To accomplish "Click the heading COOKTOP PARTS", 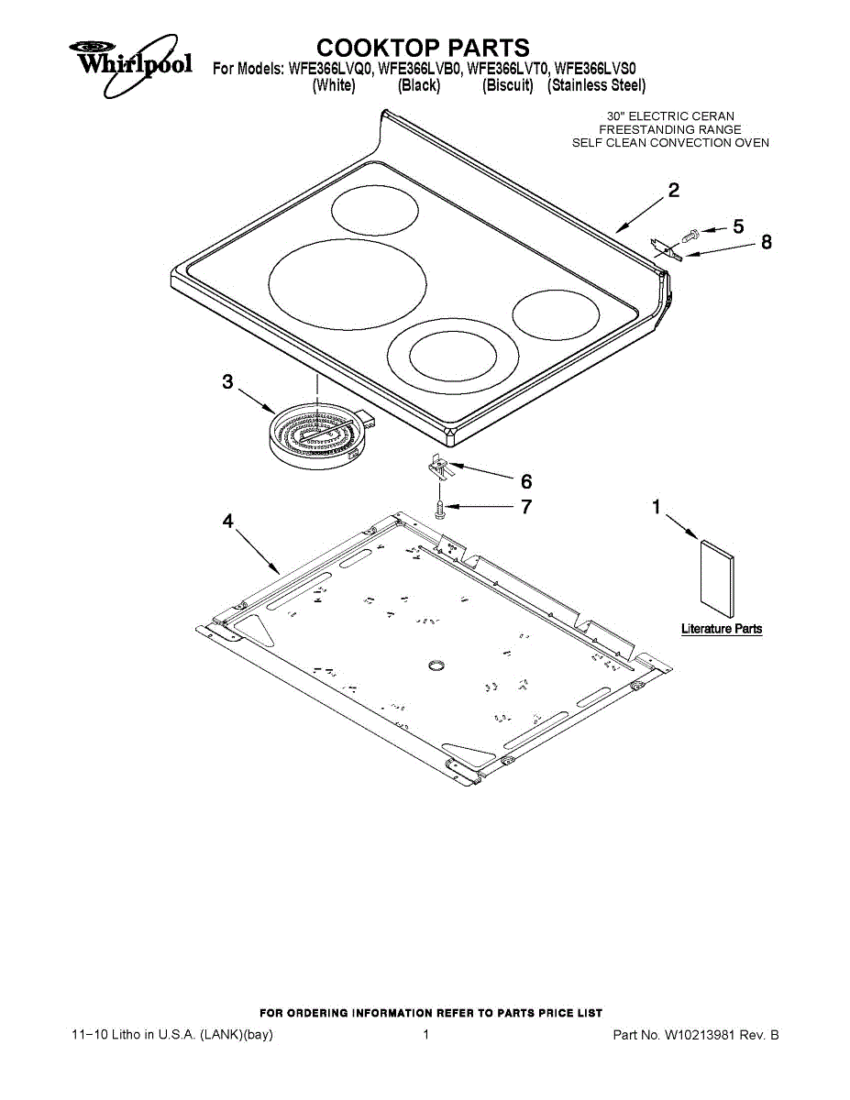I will click(x=423, y=48).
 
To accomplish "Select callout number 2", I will click(x=674, y=192).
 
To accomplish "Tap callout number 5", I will click(x=738, y=225).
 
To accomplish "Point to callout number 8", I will click(x=767, y=243).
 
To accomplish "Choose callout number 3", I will click(x=227, y=382).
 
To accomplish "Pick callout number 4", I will click(x=227, y=521).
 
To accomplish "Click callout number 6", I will click(x=526, y=481).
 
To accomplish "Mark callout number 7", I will click(x=526, y=506).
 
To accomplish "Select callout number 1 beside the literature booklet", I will click(x=657, y=507).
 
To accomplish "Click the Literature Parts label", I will click(x=722, y=629).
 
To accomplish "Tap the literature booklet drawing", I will click(x=718, y=577).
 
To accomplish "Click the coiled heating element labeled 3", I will click(x=316, y=438).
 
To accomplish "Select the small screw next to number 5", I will click(x=691, y=234).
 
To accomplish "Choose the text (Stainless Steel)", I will click(x=597, y=86).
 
